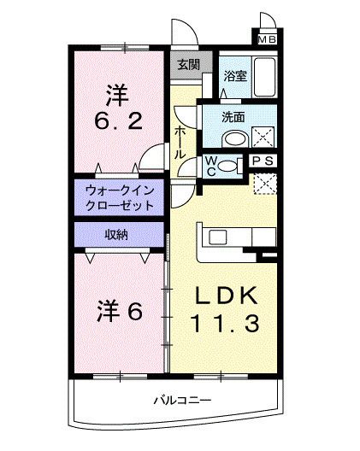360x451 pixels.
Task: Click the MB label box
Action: pyautogui.click(x=268, y=38)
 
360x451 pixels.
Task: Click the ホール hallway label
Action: pyautogui.click(x=180, y=142)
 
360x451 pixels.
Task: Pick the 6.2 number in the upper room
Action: pyautogui.click(x=117, y=121)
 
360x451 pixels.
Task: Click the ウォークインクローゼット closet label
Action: pyautogui.click(x=119, y=198)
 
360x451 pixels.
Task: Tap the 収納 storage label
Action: pyautogui.click(x=118, y=234)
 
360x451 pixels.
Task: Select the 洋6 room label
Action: pyautogui.click(x=118, y=310)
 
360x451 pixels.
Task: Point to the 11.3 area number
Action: pyautogui.click(x=224, y=325)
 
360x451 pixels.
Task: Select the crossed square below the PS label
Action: pyautogui.click(x=266, y=182)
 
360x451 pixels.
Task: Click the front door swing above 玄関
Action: pyautogui.click(x=186, y=32)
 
